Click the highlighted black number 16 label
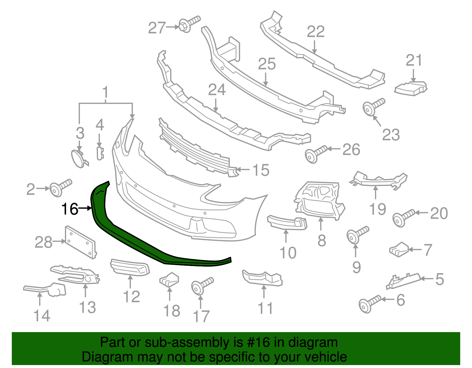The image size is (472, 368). (70, 209)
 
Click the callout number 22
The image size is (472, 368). (316, 32)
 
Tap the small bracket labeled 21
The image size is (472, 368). (411, 88)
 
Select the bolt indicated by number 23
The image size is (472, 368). (373, 107)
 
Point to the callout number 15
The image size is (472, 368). (261, 170)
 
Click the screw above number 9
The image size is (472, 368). (357, 234)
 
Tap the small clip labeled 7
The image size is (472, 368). (399, 249)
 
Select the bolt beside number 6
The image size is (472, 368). (369, 303)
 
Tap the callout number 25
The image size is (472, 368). (267, 64)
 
